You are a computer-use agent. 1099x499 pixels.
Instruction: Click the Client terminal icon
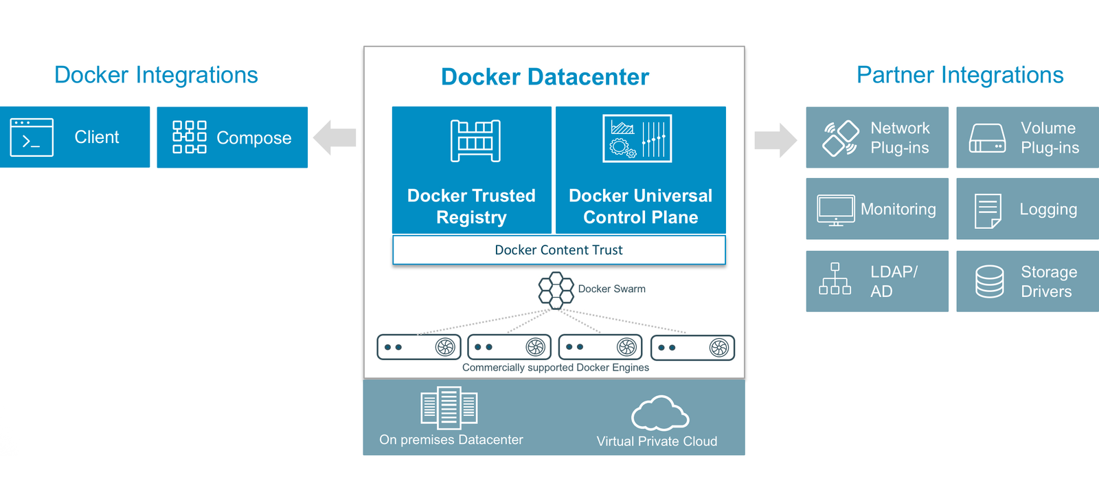(x=32, y=137)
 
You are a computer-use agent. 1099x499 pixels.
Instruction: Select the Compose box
(x=232, y=137)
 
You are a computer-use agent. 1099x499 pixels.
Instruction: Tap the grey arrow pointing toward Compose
(x=335, y=137)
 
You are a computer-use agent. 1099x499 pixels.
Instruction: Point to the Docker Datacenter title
(x=545, y=77)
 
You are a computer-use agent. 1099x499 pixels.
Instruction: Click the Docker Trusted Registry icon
(x=475, y=141)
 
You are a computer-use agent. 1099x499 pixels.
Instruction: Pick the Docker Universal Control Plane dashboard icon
(x=637, y=139)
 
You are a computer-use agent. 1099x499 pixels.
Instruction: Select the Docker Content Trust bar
(x=558, y=250)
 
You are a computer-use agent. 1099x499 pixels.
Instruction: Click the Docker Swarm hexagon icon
(x=556, y=290)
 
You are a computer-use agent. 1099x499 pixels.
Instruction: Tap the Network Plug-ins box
(x=877, y=137)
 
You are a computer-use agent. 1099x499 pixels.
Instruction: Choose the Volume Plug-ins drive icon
(x=987, y=138)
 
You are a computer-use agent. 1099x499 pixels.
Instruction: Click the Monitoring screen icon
(x=836, y=210)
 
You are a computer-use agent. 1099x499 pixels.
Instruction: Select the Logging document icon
(x=988, y=210)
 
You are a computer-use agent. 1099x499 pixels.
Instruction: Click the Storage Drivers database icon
(x=990, y=282)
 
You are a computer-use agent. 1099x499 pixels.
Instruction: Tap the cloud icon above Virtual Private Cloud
(x=659, y=413)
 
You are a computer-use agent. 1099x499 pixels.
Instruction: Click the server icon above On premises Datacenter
(x=449, y=408)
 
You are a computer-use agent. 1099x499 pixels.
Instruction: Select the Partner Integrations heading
(x=960, y=75)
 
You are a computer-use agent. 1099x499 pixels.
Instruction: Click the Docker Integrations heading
(x=156, y=75)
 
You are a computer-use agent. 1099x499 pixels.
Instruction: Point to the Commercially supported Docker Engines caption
(x=555, y=368)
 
